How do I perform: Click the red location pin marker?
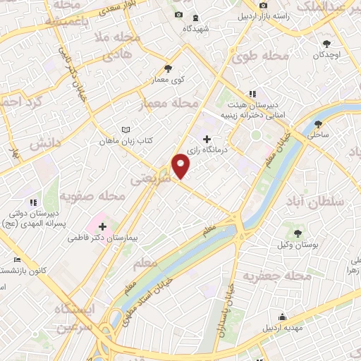pos(181,166)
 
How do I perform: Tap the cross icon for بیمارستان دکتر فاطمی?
pos(103,226)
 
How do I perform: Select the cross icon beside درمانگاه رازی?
pos(206,139)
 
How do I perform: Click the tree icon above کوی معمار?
pos(168,68)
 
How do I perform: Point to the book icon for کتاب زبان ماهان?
pos(126,130)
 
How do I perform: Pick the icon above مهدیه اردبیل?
pos(283,317)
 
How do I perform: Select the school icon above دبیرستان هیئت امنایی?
pos(252,94)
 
